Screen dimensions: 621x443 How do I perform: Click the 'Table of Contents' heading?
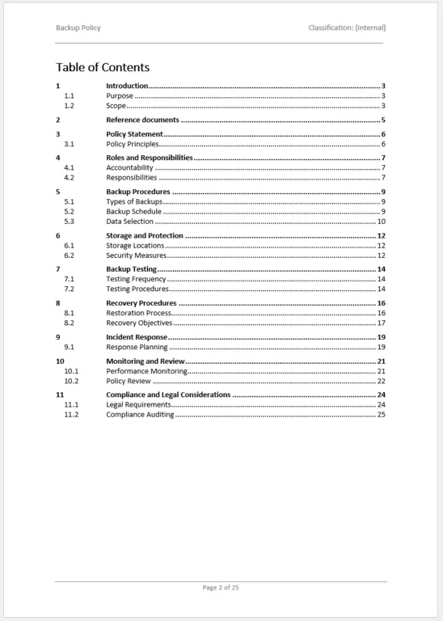pyautogui.click(x=103, y=67)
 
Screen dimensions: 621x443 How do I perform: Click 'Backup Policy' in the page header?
pyautogui.click(x=78, y=27)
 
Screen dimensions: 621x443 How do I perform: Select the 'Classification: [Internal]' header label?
pyautogui.click(x=347, y=27)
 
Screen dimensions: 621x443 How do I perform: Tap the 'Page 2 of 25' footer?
pyautogui.click(x=221, y=587)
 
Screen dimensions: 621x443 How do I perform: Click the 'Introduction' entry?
pyautogui.click(x=127, y=86)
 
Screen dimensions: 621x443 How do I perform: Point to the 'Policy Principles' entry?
pyautogui.click(x=133, y=144)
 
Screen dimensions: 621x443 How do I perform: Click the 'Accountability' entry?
pyautogui.click(x=129, y=167)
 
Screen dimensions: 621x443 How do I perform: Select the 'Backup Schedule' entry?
pyautogui.click(x=133, y=212)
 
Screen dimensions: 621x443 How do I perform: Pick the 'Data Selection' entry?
pyautogui.click(x=129, y=222)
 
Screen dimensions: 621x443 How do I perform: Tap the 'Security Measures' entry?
pyautogui.click(x=136, y=256)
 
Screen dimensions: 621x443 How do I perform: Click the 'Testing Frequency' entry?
pyautogui.click(x=136, y=279)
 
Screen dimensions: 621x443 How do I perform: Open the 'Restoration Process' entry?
pyautogui.click(x=138, y=313)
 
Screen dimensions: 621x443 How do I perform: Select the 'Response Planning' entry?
pyautogui.click(x=137, y=347)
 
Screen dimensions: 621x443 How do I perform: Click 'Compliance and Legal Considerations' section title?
pyautogui.click(x=168, y=395)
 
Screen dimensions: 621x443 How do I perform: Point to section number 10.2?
pyautogui.click(x=71, y=381)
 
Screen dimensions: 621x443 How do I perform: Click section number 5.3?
pyautogui.click(x=69, y=222)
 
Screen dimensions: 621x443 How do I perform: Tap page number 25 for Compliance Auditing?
pyautogui.click(x=381, y=415)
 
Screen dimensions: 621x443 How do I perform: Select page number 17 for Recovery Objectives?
pyautogui.click(x=381, y=323)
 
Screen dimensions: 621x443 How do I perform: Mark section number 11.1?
pyautogui.click(x=71, y=404)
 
